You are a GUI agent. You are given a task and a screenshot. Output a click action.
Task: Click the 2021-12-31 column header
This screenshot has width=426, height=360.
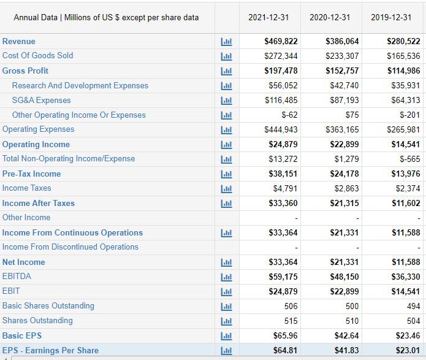[268, 17]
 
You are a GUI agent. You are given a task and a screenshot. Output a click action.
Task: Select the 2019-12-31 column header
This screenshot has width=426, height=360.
[391, 17]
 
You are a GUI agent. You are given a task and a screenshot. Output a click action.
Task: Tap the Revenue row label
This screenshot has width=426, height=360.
[19, 41]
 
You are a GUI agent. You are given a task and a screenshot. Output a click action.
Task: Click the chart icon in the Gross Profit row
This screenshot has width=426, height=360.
[227, 71]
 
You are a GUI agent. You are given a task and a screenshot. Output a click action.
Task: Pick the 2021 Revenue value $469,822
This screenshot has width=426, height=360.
[281, 41]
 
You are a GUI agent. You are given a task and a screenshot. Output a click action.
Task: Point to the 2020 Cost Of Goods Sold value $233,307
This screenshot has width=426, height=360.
[343, 56]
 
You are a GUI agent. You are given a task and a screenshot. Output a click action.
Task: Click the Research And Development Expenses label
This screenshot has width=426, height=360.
[80, 85]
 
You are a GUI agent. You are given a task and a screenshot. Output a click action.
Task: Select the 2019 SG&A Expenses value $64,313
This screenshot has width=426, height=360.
[404, 100]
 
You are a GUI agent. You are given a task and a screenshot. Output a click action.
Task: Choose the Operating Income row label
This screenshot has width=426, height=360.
[36, 144]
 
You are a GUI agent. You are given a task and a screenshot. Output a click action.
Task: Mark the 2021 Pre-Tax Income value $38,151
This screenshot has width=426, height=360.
[283, 174]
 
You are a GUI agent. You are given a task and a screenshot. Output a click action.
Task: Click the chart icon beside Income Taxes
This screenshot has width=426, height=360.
[227, 188]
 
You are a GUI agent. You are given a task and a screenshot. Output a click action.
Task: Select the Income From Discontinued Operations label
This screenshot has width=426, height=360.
[70, 247]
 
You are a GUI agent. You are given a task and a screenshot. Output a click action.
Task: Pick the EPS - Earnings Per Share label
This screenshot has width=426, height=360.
[50, 350]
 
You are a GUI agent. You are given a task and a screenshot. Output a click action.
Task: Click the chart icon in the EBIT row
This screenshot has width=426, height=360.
[227, 291]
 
